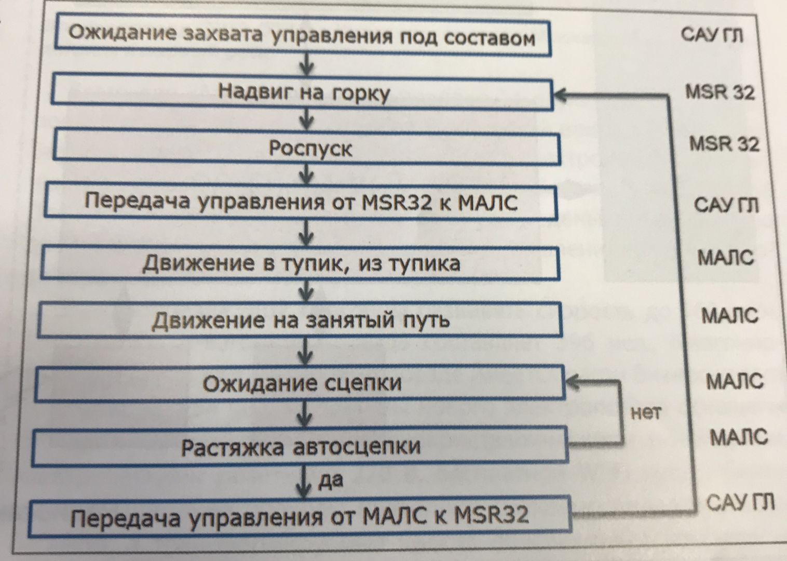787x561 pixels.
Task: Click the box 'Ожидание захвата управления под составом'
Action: pos(302,36)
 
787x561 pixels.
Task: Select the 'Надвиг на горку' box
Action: pos(303,92)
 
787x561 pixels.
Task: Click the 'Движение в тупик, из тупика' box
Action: pos(301,263)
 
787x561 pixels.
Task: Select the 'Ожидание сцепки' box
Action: pos(301,384)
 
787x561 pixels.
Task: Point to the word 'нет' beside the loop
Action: pos(645,413)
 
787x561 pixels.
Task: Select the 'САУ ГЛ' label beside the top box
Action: pos(712,35)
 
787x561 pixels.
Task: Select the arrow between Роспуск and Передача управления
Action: pos(307,172)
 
